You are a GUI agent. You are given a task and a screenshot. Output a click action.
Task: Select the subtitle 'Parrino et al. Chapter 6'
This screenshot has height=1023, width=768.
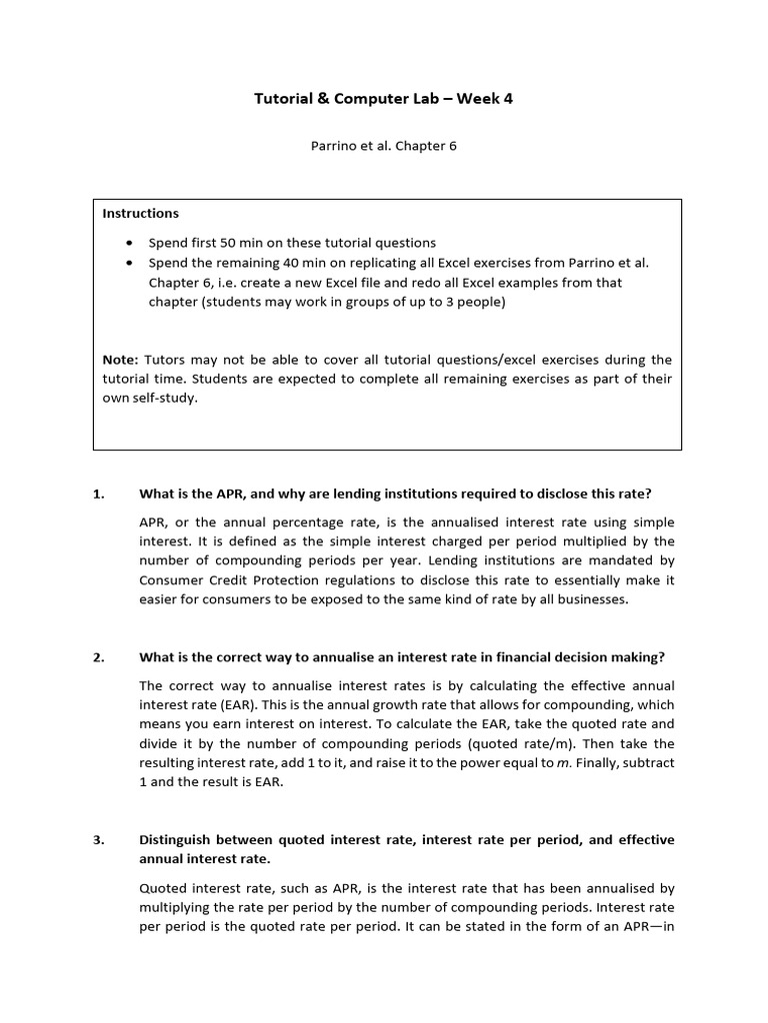point(383,145)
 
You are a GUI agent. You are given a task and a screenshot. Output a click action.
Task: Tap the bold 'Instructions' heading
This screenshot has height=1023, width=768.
point(141,213)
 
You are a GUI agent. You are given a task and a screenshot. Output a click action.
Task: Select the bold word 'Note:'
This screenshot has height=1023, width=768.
point(121,359)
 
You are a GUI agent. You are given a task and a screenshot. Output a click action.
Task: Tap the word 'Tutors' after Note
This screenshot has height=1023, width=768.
point(166,359)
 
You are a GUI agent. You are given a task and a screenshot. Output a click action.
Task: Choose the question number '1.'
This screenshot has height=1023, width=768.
point(98,494)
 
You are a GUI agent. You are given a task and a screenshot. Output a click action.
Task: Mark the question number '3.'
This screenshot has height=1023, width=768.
point(98,840)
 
